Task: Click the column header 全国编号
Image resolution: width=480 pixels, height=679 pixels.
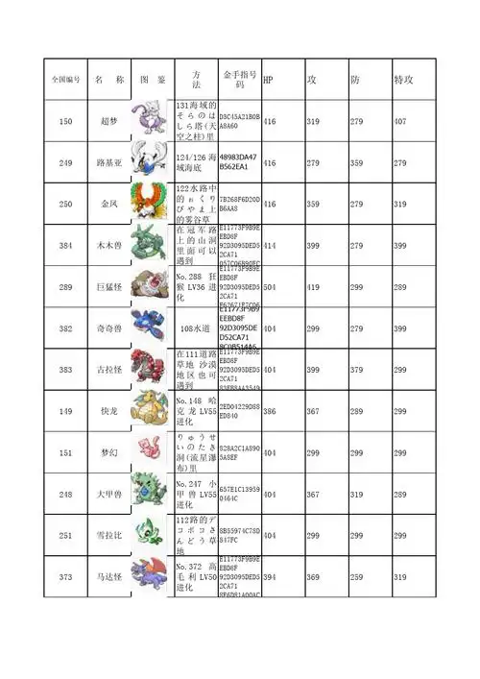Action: pyautogui.click(x=65, y=79)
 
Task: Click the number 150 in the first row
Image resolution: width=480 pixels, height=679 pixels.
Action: pyautogui.click(x=65, y=122)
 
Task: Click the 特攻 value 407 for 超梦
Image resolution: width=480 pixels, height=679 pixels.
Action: pyautogui.click(x=400, y=122)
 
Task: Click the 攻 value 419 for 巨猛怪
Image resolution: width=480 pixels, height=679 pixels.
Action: pyautogui.click(x=313, y=287)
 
